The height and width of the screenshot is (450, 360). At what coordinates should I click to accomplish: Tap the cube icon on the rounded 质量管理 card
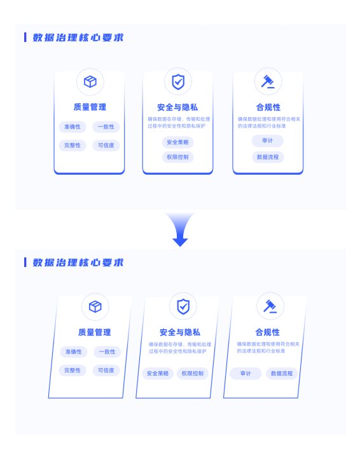click(x=90, y=82)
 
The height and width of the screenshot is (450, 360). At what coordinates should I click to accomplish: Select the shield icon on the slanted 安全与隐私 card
click(x=183, y=306)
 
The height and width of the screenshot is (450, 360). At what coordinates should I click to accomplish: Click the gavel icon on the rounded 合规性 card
click(x=268, y=81)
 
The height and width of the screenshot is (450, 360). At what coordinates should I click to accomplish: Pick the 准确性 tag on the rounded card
click(x=73, y=127)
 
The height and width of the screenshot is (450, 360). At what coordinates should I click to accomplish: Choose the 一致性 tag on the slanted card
click(x=107, y=352)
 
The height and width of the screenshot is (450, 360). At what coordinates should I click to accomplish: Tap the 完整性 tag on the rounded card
click(x=73, y=145)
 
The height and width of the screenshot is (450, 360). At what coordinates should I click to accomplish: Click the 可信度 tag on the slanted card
click(x=106, y=370)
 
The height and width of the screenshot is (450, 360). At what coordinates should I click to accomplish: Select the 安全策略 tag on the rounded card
click(x=177, y=142)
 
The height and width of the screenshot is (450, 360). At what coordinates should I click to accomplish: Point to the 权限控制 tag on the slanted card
click(x=193, y=373)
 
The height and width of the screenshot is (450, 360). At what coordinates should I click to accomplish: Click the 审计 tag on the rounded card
click(x=268, y=140)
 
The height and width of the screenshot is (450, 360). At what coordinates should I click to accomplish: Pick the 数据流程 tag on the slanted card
click(x=282, y=373)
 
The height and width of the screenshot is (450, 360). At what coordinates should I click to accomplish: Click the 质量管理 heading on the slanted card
click(x=95, y=332)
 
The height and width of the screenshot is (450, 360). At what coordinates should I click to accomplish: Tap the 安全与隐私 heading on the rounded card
click(x=177, y=107)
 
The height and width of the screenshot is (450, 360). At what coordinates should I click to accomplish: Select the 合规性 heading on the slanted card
click(x=268, y=332)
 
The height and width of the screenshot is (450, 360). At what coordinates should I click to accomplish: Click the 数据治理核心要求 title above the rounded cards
click(x=78, y=37)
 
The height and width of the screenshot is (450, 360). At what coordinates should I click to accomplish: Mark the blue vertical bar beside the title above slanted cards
click(x=25, y=262)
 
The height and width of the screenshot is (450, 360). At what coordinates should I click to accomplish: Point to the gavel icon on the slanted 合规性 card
click(x=270, y=306)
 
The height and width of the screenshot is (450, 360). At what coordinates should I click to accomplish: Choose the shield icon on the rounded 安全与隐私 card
click(x=178, y=82)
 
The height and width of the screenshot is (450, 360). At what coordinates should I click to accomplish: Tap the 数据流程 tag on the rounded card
click(x=268, y=157)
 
